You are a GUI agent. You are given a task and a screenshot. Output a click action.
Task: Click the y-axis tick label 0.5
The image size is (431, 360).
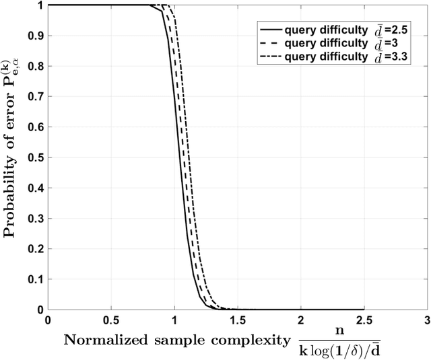(34, 157)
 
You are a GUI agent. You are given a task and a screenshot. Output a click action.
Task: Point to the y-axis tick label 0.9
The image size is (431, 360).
(34, 36)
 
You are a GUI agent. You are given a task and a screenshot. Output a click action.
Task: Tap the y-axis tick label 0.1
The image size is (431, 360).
(34, 279)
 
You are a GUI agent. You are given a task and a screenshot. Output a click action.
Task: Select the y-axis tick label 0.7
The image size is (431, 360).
(34, 96)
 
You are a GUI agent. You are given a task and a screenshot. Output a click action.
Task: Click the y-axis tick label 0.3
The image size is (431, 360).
(34, 218)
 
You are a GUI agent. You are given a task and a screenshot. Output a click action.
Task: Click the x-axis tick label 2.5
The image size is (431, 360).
(363, 318)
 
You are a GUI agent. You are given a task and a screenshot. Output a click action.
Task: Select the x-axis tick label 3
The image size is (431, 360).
(426, 318)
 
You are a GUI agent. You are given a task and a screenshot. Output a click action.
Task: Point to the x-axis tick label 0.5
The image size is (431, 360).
(110, 318)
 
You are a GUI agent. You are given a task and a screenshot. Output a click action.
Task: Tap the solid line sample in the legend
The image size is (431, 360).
(270, 30)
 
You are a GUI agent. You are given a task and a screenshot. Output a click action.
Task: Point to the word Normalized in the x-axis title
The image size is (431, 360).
(100, 339)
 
